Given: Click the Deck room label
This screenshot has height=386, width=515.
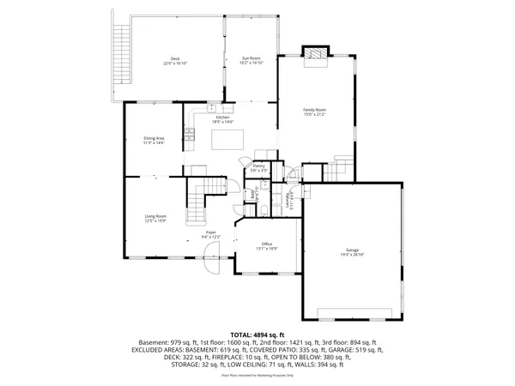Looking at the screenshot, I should [175, 58].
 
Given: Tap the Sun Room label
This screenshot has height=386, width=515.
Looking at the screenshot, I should [251, 58].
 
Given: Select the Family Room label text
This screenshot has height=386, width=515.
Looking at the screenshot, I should [314, 110].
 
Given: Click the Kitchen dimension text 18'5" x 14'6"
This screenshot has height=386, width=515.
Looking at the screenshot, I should [221, 122].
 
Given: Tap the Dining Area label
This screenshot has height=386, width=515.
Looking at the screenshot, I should [154, 138].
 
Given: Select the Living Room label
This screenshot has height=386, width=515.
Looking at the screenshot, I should [155, 216].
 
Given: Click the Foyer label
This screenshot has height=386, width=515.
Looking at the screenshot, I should [210, 232].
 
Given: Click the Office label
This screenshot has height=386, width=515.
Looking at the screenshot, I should [267, 244].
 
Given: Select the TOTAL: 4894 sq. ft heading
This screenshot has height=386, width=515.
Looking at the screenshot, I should [257, 335].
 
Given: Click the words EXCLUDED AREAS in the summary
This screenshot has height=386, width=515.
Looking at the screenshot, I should [158, 350].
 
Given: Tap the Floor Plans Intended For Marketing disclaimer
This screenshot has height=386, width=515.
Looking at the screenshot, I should [257, 376].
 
